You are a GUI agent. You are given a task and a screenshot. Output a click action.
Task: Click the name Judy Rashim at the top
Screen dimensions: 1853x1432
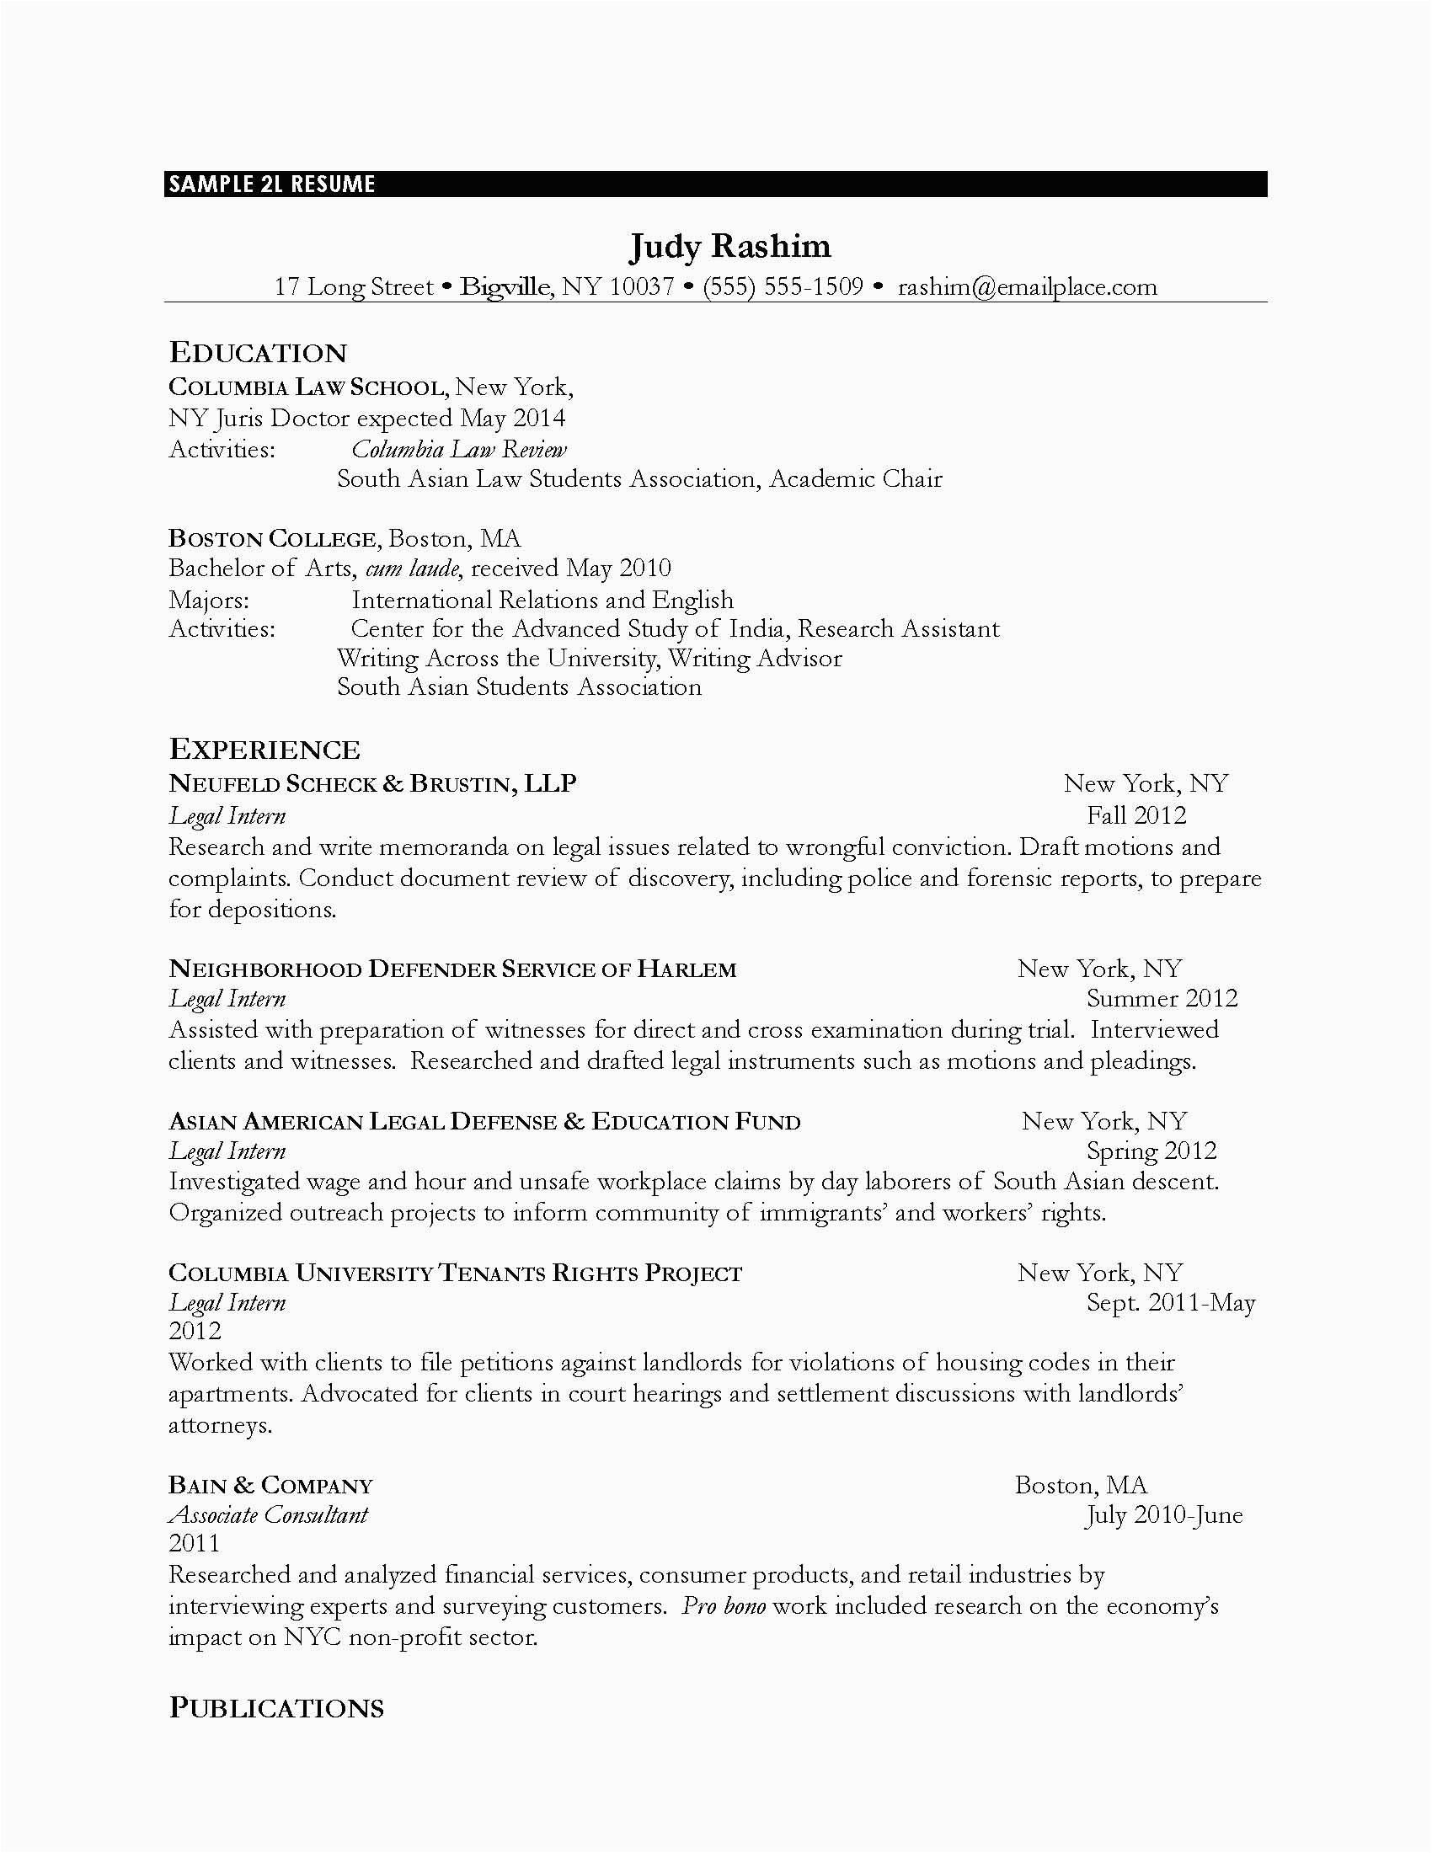tap(729, 246)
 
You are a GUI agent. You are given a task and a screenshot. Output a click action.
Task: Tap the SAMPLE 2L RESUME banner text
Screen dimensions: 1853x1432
tap(271, 184)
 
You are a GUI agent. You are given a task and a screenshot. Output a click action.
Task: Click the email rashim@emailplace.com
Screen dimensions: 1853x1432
tap(1027, 286)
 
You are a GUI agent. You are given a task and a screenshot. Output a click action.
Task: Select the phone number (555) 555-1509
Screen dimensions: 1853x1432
tap(783, 286)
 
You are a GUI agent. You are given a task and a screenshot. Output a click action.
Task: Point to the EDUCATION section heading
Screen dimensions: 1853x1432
tap(258, 353)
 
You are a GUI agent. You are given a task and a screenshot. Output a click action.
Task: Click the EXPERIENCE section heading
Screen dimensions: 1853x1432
tap(264, 749)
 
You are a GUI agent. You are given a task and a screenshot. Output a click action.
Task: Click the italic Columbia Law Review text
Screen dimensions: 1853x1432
tap(459, 449)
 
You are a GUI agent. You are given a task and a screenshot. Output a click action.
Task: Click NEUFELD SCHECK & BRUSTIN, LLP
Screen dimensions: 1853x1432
tap(372, 783)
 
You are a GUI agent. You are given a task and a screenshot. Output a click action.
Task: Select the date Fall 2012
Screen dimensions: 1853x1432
tap(1136, 815)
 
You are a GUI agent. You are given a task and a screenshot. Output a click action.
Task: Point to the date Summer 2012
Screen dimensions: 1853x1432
tap(1162, 998)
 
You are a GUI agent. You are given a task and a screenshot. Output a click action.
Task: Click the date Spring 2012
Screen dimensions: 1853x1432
tap(1151, 1151)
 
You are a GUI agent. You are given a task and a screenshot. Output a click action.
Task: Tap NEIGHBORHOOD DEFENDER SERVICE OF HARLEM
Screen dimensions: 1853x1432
tap(452, 969)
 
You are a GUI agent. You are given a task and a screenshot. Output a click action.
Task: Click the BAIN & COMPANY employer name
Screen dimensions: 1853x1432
tap(270, 1485)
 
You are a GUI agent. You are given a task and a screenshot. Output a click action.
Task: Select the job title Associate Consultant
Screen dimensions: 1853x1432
tap(268, 1514)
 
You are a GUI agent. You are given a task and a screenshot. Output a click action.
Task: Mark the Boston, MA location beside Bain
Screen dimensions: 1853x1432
tap(1080, 1485)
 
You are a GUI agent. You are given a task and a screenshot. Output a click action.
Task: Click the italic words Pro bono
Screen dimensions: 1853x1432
tap(724, 1606)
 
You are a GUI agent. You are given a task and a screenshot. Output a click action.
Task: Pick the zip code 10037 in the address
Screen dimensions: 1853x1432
tap(641, 286)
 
